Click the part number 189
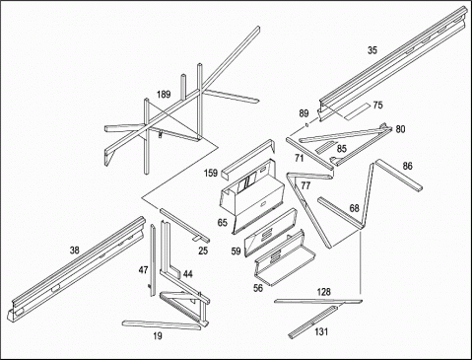pos(164,95)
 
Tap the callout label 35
pos(372,50)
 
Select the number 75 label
pos(377,106)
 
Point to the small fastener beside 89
pos(306,124)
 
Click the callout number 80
pos(400,129)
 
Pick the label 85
pos(342,149)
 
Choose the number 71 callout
pos(299,158)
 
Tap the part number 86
pos(407,166)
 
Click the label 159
pos(211,173)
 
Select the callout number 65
pos(223,223)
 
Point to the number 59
pos(236,252)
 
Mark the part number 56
pos(258,288)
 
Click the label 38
pos(75,251)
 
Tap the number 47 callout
pos(143,270)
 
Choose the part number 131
pos(321,331)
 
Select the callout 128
pos(324,292)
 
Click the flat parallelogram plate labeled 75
pos(357,111)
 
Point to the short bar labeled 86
pos(399,175)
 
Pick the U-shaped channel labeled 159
pos(248,159)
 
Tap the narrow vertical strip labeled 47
pos(153,260)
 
